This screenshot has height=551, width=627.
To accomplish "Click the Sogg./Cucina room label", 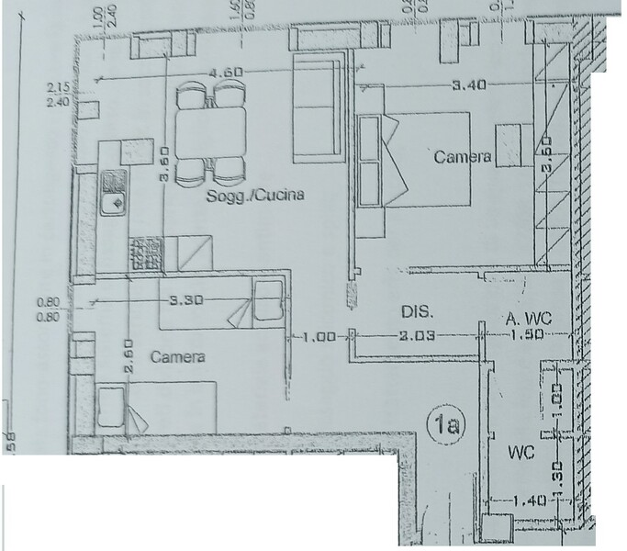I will point(253,196).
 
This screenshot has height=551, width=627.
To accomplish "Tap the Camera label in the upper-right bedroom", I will point(463,157).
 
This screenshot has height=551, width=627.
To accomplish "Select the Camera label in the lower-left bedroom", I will point(177,356).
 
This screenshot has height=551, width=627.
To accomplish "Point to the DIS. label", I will point(418,312).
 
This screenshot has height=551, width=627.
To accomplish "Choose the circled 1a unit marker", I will point(448,424).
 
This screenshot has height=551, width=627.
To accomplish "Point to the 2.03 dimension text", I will point(417,336).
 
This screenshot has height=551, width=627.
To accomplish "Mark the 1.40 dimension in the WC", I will point(532,500).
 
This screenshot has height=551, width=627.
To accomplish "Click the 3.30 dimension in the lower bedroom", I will point(185,299).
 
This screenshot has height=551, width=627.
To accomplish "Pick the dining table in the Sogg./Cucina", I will point(210,132).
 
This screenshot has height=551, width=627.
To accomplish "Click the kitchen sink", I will point(113,193).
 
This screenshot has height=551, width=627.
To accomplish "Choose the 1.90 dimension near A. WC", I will point(528,336).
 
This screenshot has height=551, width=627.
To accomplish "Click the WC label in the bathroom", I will point(522,454).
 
